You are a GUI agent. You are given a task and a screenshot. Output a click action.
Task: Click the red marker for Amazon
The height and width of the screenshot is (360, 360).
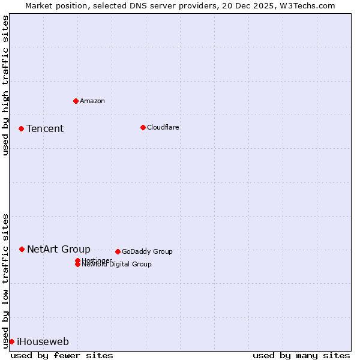point(76,101)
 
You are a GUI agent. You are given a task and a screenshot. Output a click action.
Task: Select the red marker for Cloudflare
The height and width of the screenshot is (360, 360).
point(143,127)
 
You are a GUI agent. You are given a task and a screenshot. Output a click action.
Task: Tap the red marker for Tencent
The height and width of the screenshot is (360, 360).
point(21,128)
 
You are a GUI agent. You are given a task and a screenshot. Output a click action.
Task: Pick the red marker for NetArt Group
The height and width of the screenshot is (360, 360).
point(22,249)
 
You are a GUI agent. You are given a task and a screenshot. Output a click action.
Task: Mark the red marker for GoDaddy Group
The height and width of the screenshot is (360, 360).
point(118,251)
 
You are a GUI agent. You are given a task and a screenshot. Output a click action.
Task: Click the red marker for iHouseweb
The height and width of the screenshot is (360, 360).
point(11,341)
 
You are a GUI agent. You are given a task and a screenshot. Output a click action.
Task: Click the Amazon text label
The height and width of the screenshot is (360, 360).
point(92,101)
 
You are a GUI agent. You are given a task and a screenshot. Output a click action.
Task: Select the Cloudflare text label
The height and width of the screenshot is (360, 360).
point(163,127)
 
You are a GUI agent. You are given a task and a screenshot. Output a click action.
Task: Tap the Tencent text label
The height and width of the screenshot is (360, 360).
point(45,128)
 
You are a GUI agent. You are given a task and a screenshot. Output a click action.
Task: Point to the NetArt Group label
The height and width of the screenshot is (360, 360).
point(59,249)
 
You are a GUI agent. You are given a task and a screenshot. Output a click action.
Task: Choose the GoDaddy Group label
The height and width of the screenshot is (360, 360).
point(147,251)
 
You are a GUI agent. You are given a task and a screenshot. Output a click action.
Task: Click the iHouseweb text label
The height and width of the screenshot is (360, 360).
point(43,342)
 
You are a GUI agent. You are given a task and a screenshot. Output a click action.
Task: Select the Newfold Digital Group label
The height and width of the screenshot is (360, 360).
point(116,264)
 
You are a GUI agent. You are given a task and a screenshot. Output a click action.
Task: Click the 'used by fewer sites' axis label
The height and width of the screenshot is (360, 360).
point(62,355)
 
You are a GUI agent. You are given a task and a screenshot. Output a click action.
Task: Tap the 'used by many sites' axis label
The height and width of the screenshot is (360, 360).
point(301,355)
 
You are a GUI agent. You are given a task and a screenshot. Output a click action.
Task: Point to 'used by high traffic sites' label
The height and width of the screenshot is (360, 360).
point(5,85)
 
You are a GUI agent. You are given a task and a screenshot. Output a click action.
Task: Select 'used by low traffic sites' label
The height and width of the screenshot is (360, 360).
point(5,280)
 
